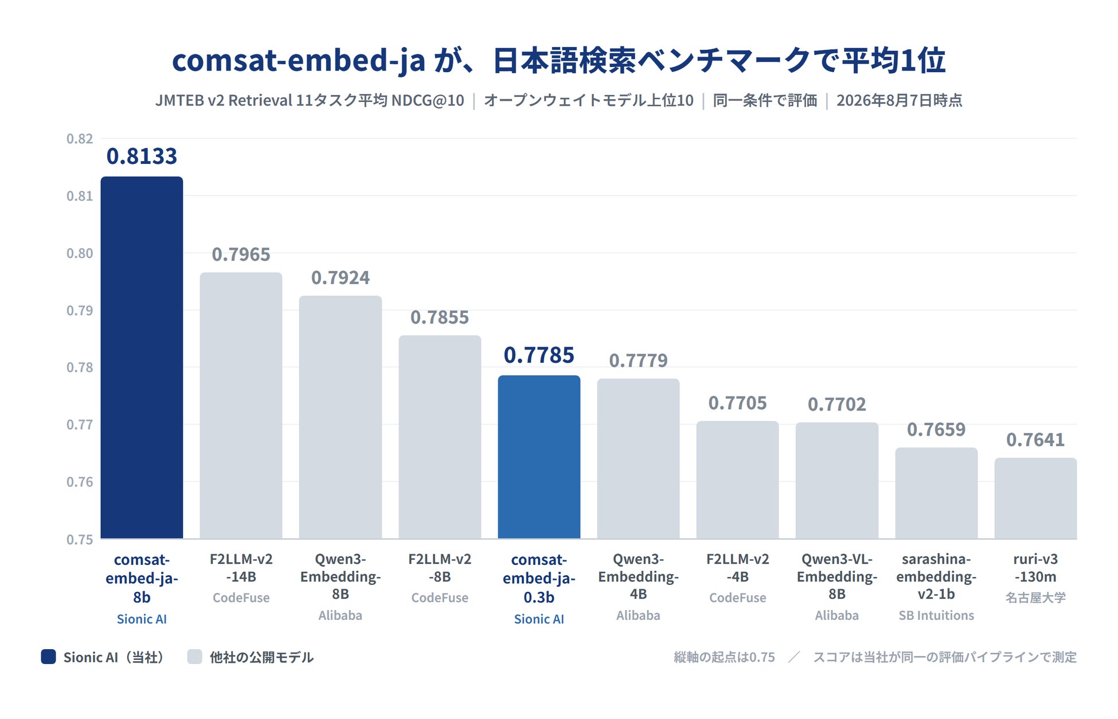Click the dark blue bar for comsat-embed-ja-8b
(x=142, y=357)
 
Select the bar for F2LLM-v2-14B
(x=241, y=406)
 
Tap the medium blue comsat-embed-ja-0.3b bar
(x=539, y=457)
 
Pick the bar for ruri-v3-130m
(x=1035, y=498)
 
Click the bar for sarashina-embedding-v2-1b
(x=936, y=493)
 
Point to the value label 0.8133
(x=142, y=156)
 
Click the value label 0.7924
(x=341, y=278)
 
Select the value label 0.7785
(x=539, y=355)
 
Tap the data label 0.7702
(x=837, y=404)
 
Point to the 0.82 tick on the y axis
(x=80, y=139)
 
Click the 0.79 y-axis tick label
(x=80, y=311)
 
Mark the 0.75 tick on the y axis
(x=80, y=540)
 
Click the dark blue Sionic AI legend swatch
(x=49, y=657)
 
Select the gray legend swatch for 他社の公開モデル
(x=195, y=657)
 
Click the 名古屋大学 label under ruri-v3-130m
(x=1035, y=598)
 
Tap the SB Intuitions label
(x=936, y=615)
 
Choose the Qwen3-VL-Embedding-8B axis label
(x=837, y=576)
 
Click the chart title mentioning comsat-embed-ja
(x=559, y=60)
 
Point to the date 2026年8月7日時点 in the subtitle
(x=899, y=100)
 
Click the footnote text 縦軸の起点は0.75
(x=724, y=657)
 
